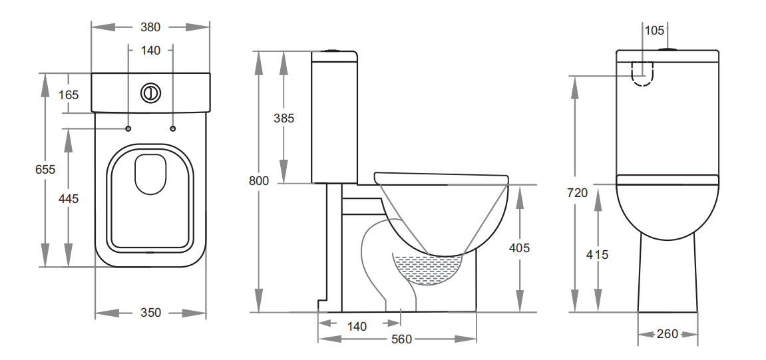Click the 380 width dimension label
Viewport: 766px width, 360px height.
tap(150, 27)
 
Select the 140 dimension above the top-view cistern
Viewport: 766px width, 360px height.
tap(150, 50)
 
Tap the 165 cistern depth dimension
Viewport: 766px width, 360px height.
tap(68, 94)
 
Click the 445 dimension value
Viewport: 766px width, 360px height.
tap(68, 198)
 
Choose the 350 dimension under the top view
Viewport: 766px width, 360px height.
tap(150, 312)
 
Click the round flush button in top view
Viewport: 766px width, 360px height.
tap(150, 92)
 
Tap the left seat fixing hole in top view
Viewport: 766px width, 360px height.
tap(128, 128)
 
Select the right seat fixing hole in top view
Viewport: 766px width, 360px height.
tap(173, 128)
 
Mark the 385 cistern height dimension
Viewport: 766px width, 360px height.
tap(284, 118)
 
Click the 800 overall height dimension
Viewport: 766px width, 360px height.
tap(258, 180)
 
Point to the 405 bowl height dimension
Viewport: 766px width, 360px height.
tap(519, 248)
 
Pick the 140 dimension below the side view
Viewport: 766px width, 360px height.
tap(357, 326)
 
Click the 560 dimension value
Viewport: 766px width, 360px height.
tap(401, 339)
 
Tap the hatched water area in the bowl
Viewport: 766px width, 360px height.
tap(426, 269)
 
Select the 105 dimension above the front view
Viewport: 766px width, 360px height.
tap(655, 30)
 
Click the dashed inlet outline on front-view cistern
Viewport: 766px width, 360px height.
tap(642, 73)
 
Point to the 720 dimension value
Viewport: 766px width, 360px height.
tap(577, 192)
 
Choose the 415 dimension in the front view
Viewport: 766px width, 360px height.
tap(598, 254)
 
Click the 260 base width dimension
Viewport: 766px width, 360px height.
tap(667, 333)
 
